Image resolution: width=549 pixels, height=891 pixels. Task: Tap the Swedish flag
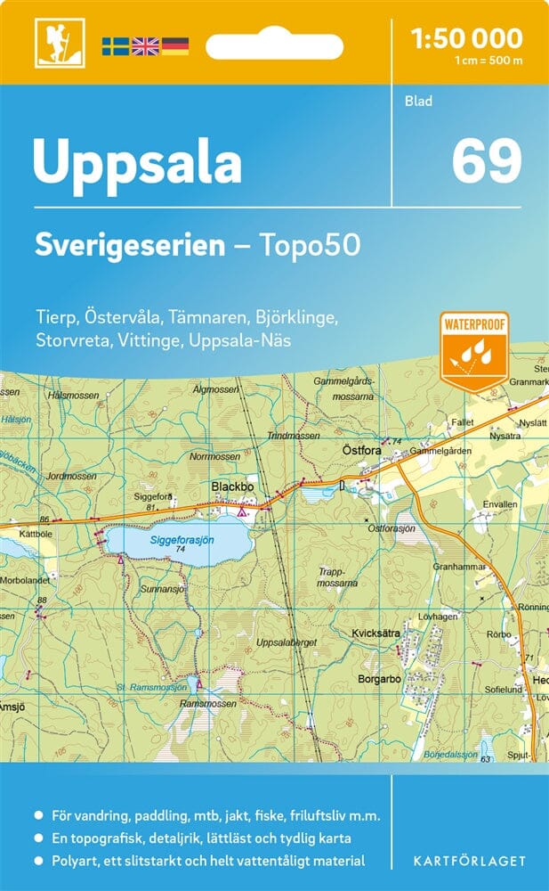115,45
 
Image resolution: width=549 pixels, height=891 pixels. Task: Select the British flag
145,45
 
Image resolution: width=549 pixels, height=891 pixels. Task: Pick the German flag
175,45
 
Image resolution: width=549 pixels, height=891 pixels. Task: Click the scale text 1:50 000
466,37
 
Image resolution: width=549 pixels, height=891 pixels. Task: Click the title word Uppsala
137,161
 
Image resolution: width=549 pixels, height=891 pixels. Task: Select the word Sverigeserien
130,244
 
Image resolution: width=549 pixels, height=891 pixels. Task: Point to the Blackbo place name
232,487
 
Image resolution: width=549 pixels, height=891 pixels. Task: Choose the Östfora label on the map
362,451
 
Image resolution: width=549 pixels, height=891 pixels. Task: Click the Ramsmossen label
206,703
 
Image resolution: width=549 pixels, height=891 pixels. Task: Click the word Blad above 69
417,101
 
